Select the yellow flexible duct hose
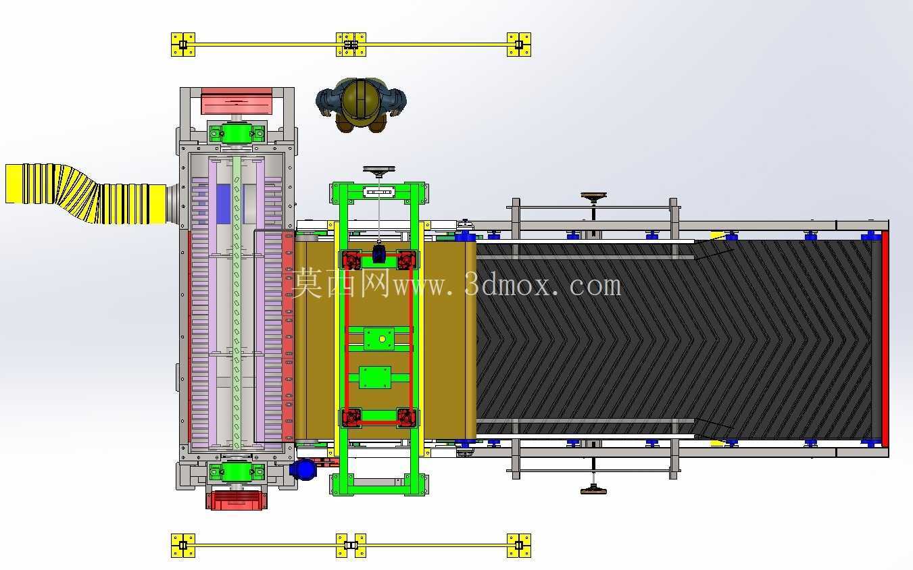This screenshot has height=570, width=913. point(87,194)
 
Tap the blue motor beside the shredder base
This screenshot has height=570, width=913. point(303,469)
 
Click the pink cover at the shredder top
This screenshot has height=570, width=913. point(237,101)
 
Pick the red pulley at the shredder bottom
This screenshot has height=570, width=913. point(237,500)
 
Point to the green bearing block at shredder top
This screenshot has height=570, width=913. point(237,133)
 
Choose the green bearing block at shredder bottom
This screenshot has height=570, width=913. point(237,472)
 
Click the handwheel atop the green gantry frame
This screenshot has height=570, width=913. point(379,170)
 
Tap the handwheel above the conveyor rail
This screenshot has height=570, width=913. point(593,197)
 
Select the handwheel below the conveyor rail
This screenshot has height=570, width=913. point(593,490)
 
